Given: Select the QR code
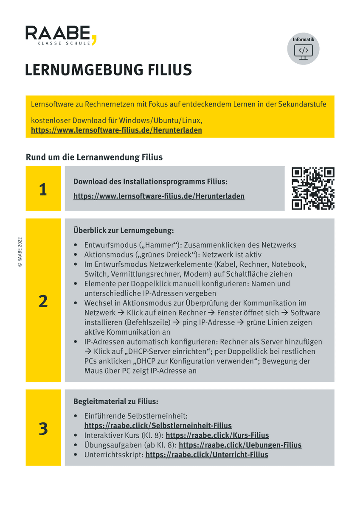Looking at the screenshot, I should click(x=313, y=188).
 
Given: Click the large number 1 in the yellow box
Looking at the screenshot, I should click(x=43, y=189).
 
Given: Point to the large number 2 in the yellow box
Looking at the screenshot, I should click(x=43, y=301).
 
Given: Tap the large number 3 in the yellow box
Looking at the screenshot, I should click(x=43, y=428).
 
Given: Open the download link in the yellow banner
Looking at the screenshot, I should click(x=116, y=130).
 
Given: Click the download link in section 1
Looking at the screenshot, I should click(x=159, y=196).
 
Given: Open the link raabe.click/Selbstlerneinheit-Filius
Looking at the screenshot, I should click(x=158, y=425).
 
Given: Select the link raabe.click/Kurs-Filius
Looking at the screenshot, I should click(x=217, y=435).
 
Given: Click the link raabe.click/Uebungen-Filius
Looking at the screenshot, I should click(x=240, y=445).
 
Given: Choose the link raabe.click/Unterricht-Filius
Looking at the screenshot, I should click(x=207, y=455).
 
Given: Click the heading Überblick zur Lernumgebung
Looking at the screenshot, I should click(x=124, y=230).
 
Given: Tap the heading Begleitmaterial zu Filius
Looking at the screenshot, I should click(x=115, y=401).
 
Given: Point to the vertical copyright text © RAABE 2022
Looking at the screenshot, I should click(x=20, y=252).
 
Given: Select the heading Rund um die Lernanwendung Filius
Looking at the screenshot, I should click(x=94, y=157).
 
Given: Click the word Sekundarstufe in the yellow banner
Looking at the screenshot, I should click(x=303, y=104).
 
